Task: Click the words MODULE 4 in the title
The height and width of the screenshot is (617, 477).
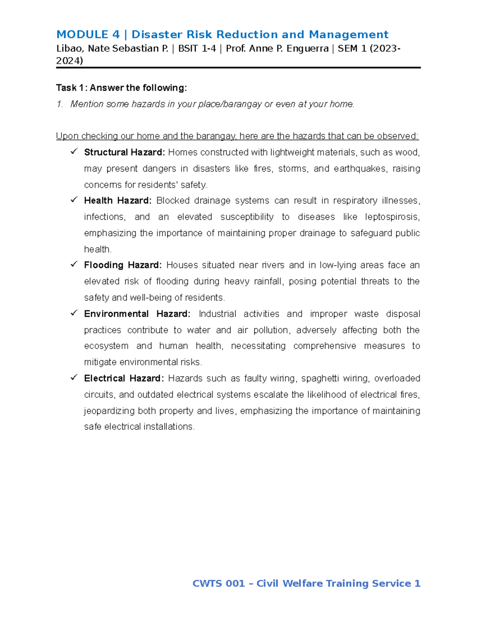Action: coord(88,35)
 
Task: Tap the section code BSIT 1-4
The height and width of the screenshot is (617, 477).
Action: coord(197,48)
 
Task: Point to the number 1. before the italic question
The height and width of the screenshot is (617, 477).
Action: coord(60,104)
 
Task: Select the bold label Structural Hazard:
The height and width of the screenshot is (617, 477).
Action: coord(124,153)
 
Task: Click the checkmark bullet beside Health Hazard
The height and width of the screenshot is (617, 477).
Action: coord(74,200)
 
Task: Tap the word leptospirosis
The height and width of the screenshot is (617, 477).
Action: coord(392,217)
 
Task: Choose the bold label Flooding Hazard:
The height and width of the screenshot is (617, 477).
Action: coord(123,265)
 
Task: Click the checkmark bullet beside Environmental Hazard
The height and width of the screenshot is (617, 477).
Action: coord(74,313)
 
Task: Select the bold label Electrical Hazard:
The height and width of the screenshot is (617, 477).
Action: coord(124,378)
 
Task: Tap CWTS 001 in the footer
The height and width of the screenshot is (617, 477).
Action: coord(218,583)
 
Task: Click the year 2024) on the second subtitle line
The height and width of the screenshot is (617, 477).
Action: coord(70,61)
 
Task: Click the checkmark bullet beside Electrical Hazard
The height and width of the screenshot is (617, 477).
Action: coord(74,377)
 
